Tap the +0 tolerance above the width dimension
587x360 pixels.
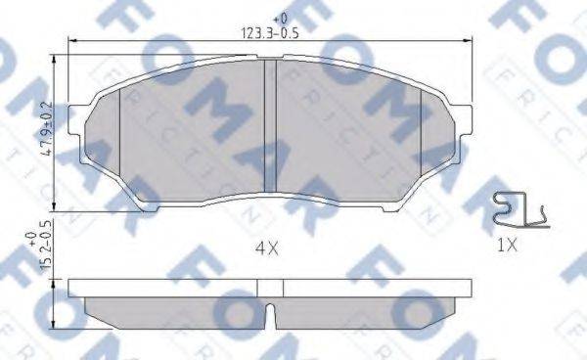pyautogui.click(x=280, y=18)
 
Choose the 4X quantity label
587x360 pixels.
pyautogui.click(x=266, y=248)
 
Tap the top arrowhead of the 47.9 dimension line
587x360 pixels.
pyautogui.click(x=66, y=60)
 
